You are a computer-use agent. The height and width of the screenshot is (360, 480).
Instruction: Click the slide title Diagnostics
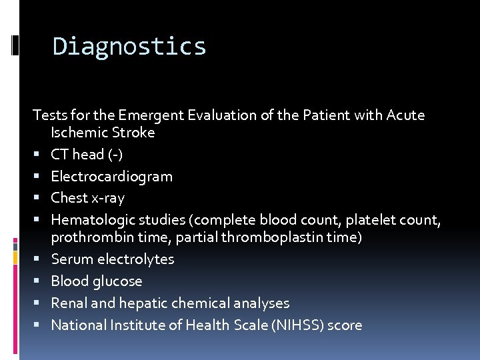pos(129,47)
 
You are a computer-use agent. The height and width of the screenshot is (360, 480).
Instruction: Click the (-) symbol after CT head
pos(116,155)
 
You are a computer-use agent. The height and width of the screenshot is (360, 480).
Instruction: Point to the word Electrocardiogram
pos(111,177)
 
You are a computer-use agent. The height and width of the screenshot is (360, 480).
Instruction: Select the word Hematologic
pos(89,219)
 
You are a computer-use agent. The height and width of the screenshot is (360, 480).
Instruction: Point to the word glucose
pos(119,281)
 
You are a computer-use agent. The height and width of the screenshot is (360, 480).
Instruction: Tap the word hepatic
pos(143,303)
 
